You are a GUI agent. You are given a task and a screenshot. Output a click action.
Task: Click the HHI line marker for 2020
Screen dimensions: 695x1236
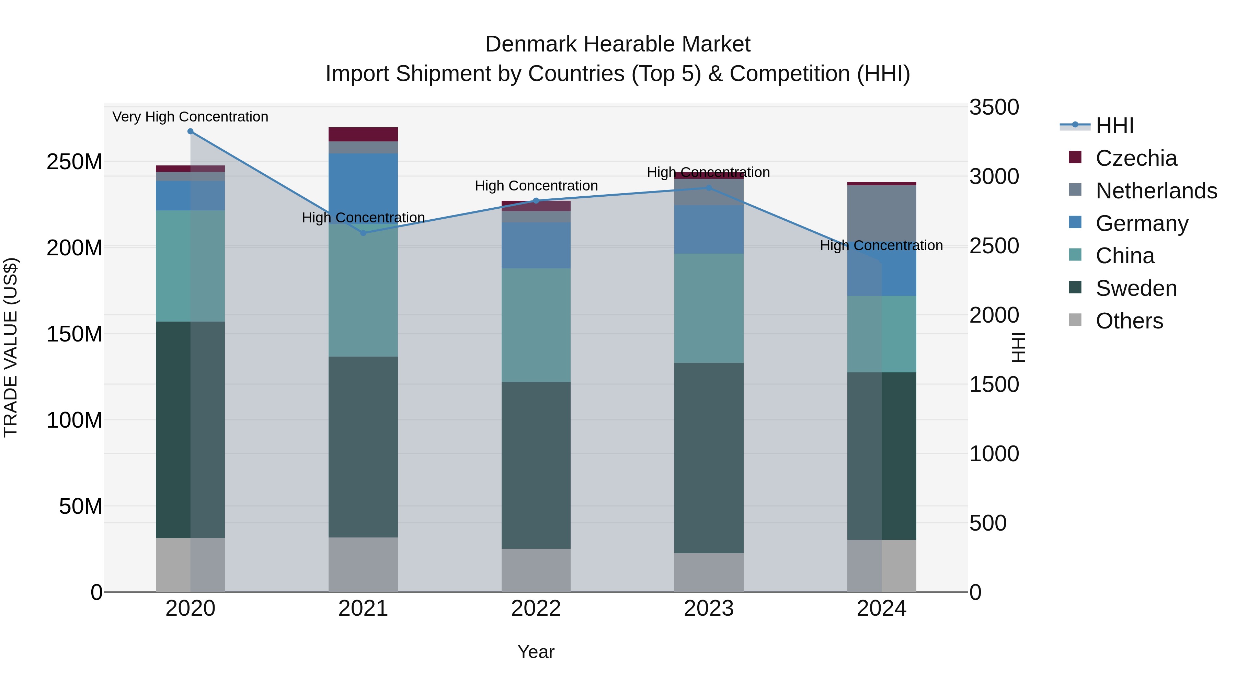(191, 131)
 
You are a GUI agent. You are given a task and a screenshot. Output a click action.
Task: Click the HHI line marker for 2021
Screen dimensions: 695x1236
(363, 233)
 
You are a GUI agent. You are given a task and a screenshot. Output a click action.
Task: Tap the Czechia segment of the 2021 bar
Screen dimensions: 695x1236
(363, 134)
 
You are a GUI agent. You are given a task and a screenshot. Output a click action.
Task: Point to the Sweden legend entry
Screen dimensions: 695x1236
(1136, 288)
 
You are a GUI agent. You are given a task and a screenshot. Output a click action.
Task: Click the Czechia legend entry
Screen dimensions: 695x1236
(1136, 158)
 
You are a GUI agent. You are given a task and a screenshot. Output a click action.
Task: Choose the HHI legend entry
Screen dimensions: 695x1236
(1114, 126)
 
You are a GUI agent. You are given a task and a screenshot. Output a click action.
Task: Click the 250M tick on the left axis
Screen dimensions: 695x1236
(75, 162)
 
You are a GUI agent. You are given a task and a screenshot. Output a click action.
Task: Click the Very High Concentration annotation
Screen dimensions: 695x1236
(191, 117)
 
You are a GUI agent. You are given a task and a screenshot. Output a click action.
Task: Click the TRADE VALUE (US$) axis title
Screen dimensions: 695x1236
(11, 347)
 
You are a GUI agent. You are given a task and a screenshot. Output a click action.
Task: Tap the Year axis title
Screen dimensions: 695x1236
(536, 652)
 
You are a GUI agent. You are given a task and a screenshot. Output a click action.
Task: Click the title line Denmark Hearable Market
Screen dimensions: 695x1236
(618, 44)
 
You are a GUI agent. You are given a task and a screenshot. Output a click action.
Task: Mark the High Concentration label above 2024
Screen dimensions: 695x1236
(881, 246)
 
